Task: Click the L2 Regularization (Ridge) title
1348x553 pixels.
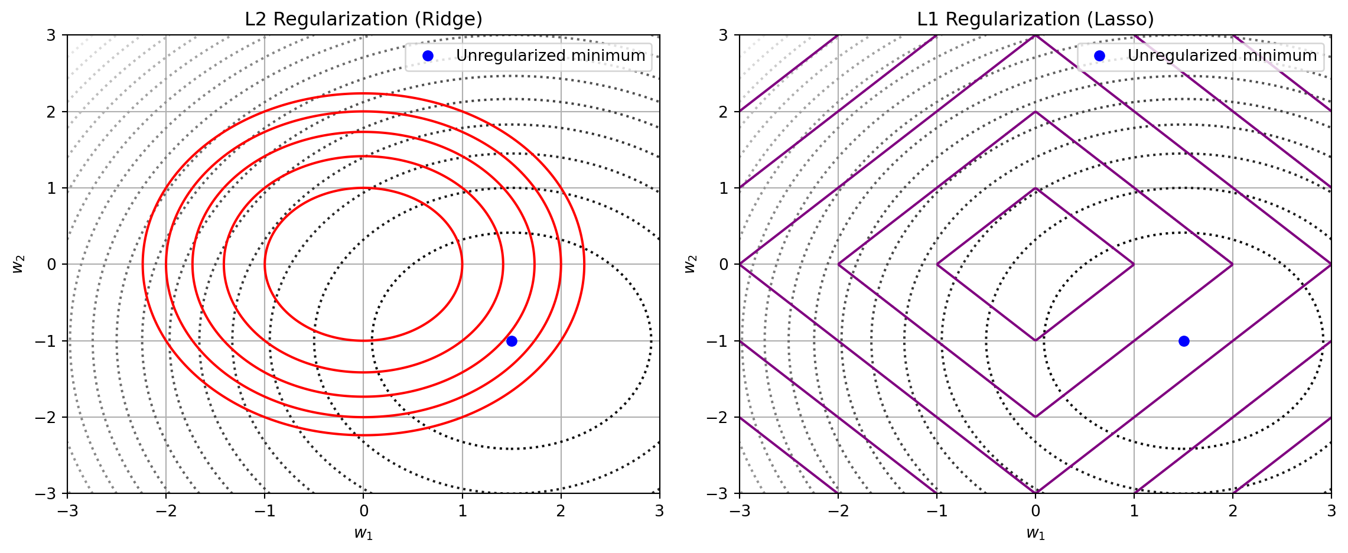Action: (363, 19)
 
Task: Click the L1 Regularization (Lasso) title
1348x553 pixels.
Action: (1035, 19)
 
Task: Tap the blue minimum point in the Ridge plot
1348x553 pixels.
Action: (512, 341)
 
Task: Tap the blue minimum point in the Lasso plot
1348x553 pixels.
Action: (1183, 341)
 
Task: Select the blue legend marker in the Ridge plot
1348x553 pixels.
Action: (428, 56)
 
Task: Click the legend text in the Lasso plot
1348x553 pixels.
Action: (1222, 56)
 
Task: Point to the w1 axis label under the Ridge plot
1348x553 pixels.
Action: (363, 533)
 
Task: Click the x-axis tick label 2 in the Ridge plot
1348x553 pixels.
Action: (561, 510)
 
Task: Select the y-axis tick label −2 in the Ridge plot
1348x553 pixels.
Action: (48, 417)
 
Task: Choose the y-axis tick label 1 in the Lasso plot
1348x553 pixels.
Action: (724, 188)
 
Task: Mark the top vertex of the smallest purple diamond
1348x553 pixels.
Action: (1035, 188)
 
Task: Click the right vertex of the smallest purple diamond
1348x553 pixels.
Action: (1134, 264)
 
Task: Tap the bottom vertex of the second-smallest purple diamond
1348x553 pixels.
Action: (1035, 417)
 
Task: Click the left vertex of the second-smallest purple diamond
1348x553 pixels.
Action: (838, 264)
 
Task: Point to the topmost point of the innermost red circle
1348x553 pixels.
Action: (363, 188)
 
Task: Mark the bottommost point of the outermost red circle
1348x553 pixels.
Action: (363, 435)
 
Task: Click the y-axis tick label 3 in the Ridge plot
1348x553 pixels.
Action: (52, 35)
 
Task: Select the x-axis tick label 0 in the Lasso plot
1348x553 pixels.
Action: (1035, 510)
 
